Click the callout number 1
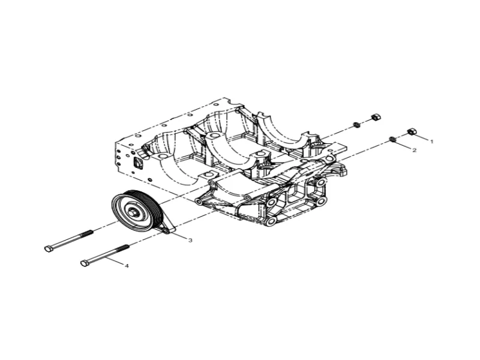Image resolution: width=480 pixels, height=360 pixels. point(431,142)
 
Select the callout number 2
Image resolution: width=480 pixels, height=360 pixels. point(415,151)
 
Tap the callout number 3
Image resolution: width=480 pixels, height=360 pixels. point(190,241)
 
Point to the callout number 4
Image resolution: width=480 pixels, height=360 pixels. point(127,266)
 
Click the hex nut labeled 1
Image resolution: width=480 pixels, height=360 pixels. point(412,131)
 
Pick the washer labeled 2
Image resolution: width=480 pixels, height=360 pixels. point(392,140)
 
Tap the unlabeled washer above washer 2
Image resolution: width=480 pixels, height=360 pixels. point(356,125)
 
